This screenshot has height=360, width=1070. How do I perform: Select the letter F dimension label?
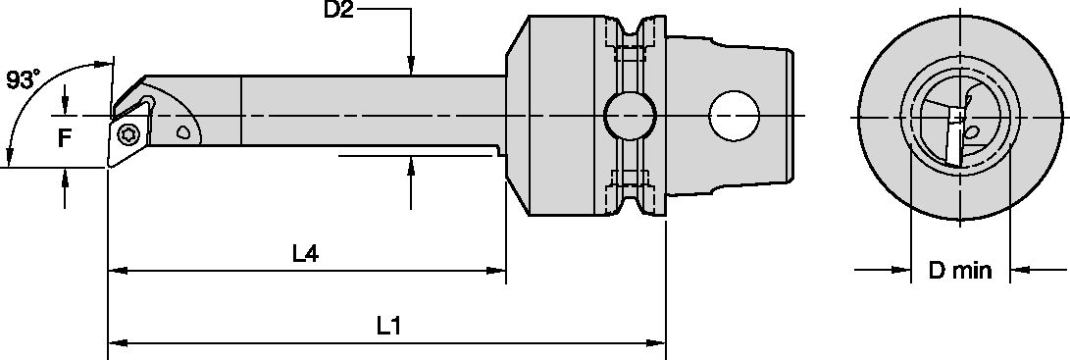point(65,138)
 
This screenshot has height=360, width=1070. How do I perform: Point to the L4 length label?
point(305,254)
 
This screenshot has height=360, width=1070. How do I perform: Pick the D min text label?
point(960,270)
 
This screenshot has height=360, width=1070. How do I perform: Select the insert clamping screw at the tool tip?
point(127,133)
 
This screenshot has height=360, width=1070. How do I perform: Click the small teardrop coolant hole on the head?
point(182,130)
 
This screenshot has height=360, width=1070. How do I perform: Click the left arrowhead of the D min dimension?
point(900,269)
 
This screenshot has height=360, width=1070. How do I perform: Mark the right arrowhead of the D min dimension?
point(1020,269)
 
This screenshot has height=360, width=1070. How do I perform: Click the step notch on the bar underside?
point(497,151)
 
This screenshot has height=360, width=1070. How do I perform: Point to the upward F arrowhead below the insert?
point(65,175)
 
